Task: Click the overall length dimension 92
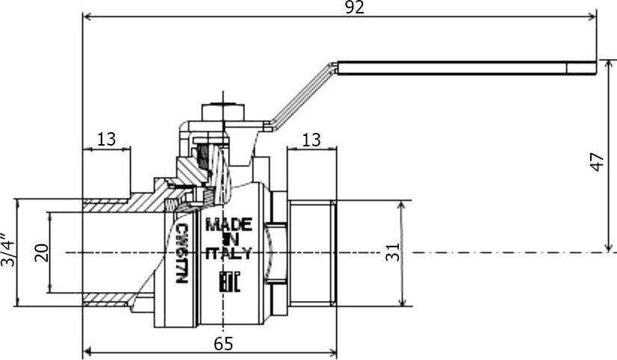click(x=355, y=7)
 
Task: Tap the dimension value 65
click(x=223, y=344)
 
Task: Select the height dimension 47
click(x=598, y=162)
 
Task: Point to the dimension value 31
click(x=392, y=252)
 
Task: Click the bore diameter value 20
click(x=41, y=253)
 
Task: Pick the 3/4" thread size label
click(x=7, y=250)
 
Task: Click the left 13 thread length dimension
click(x=106, y=139)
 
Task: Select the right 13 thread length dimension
click(x=311, y=140)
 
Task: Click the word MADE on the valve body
click(x=229, y=225)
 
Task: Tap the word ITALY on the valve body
click(x=229, y=253)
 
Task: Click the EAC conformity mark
click(x=229, y=281)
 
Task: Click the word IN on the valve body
click(x=229, y=239)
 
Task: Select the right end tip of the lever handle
click(x=597, y=68)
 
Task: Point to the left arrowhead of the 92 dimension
click(x=87, y=16)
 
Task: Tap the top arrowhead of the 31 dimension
click(x=402, y=205)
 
